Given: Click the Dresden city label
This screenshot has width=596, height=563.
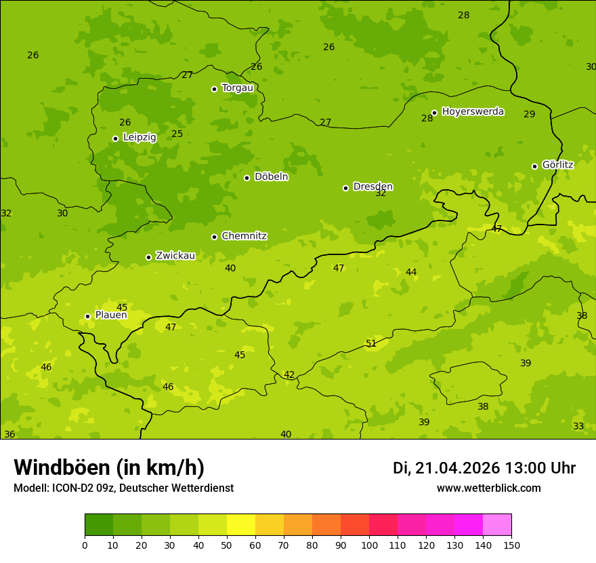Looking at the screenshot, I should click(372, 187).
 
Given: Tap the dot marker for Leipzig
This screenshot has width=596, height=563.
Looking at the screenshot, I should click(115, 138).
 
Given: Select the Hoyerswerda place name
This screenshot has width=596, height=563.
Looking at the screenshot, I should click(473, 111).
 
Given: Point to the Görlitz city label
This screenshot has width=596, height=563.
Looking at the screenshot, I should click(557, 164).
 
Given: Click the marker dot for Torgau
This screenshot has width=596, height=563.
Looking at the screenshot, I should click(214, 89).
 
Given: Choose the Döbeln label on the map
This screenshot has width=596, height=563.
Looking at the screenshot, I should click(271, 176).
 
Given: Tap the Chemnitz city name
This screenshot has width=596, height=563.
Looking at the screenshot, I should click(244, 236).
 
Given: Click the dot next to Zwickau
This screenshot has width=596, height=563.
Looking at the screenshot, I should click(148, 257).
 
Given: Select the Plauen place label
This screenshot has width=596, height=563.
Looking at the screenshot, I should click(111, 315).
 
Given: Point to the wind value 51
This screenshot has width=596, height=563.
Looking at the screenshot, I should click(371, 343).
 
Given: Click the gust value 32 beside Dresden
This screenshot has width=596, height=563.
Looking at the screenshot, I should click(381, 193).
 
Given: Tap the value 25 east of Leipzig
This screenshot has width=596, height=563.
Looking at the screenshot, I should click(177, 134).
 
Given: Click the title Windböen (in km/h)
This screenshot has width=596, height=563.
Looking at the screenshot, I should click(109, 467).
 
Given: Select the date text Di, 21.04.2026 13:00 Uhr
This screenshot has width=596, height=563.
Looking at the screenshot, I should click(484, 468).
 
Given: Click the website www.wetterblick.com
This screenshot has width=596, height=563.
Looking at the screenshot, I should click(488, 488).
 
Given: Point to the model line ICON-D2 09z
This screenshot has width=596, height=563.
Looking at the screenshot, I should click(123, 488).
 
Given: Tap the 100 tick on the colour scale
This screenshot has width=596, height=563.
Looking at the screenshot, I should click(369, 545).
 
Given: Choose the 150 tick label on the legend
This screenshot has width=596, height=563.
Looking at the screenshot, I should click(511, 545).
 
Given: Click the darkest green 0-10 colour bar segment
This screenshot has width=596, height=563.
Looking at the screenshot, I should click(99, 525).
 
